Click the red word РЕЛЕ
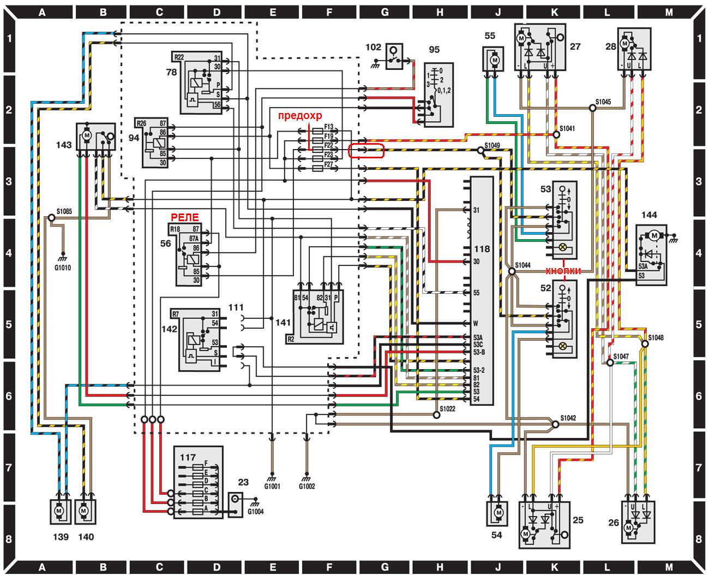point(185,217)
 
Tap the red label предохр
point(301,116)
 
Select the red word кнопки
point(563,271)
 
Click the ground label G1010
point(62,268)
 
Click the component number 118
point(482,249)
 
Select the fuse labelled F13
point(328,127)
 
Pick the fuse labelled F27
point(328,164)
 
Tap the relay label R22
point(179,57)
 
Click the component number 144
point(649,215)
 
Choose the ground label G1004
point(256,512)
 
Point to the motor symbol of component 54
point(497,513)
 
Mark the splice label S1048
point(656,337)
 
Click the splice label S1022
point(448,408)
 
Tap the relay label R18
point(175,229)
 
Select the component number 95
point(434,50)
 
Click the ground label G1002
point(307,486)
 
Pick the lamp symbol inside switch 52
point(562,346)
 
